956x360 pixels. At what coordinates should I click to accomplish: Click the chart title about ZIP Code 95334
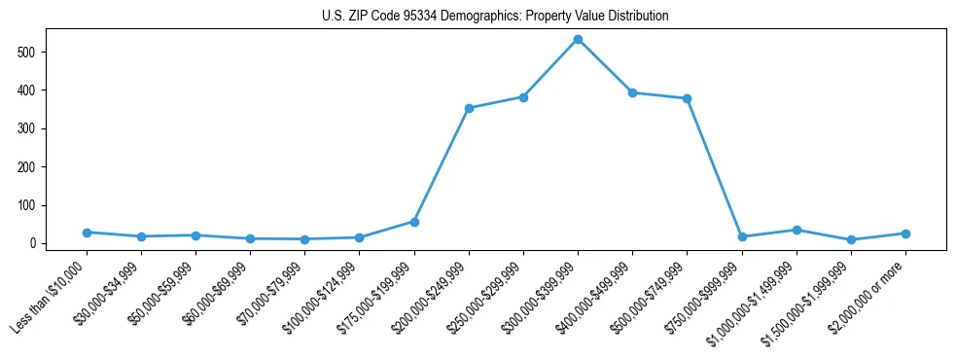[x=495, y=17]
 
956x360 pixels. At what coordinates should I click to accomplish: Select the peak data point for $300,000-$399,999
[x=578, y=39]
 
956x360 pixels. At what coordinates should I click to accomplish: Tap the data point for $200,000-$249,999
[x=469, y=108]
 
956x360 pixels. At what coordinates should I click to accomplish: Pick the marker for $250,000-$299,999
[x=523, y=97]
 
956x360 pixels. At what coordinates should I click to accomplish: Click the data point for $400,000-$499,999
[x=632, y=92]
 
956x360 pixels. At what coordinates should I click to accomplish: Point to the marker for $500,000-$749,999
[x=687, y=98]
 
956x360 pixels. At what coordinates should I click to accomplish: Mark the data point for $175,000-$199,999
[x=414, y=222]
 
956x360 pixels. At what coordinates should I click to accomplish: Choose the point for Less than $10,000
[x=87, y=233]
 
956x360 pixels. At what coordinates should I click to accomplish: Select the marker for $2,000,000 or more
[x=905, y=234]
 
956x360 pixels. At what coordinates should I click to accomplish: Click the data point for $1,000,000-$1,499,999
[x=797, y=230]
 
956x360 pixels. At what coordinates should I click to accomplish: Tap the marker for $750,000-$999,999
[x=742, y=236]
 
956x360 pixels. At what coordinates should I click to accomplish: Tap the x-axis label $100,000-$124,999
[x=326, y=289]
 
